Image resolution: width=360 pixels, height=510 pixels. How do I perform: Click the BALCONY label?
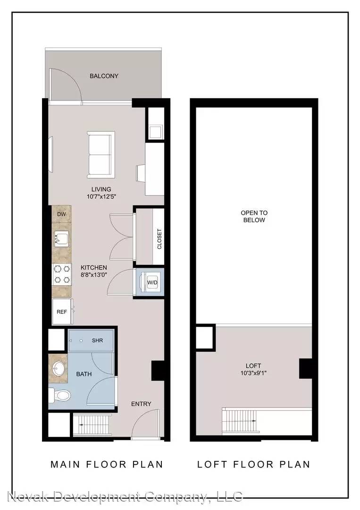pyautogui.click(x=104, y=76)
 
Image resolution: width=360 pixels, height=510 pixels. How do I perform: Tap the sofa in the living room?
pyautogui.click(x=100, y=155)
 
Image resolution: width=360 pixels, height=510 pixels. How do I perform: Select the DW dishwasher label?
pyautogui.click(x=61, y=214)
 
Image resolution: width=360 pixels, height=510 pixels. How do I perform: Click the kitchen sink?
pyautogui.click(x=61, y=239)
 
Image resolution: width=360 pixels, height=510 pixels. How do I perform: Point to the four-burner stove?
pyautogui.click(x=62, y=274)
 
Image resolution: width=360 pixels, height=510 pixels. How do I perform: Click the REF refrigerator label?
pyautogui.click(x=62, y=312)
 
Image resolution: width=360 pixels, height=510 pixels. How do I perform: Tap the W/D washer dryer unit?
pyautogui.click(x=149, y=282)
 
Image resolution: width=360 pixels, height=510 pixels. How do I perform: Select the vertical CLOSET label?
pyautogui.click(x=159, y=239)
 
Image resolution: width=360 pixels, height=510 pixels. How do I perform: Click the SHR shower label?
pyautogui.click(x=98, y=340)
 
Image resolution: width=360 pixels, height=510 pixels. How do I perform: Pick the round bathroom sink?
pyautogui.click(x=59, y=369)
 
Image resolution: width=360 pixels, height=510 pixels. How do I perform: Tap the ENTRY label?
pyautogui.click(x=142, y=404)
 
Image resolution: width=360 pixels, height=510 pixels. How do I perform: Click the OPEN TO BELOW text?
pyautogui.click(x=254, y=216)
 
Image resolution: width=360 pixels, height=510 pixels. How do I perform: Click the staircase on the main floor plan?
pyautogui.click(x=92, y=425)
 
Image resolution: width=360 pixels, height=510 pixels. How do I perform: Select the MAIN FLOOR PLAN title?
pyautogui.click(x=107, y=464)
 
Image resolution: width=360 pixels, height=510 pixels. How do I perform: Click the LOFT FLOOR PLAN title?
pyautogui.click(x=254, y=464)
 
